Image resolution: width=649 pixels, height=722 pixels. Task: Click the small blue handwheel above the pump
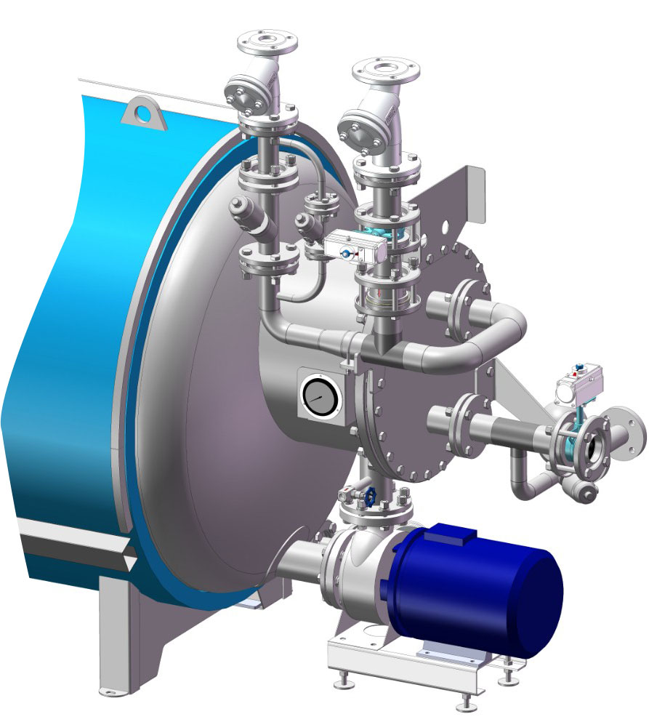tap(370, 497)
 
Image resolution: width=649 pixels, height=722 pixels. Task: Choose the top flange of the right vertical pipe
tap(386, 71)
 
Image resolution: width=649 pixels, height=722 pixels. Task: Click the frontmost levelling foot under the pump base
tap(465, 702)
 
